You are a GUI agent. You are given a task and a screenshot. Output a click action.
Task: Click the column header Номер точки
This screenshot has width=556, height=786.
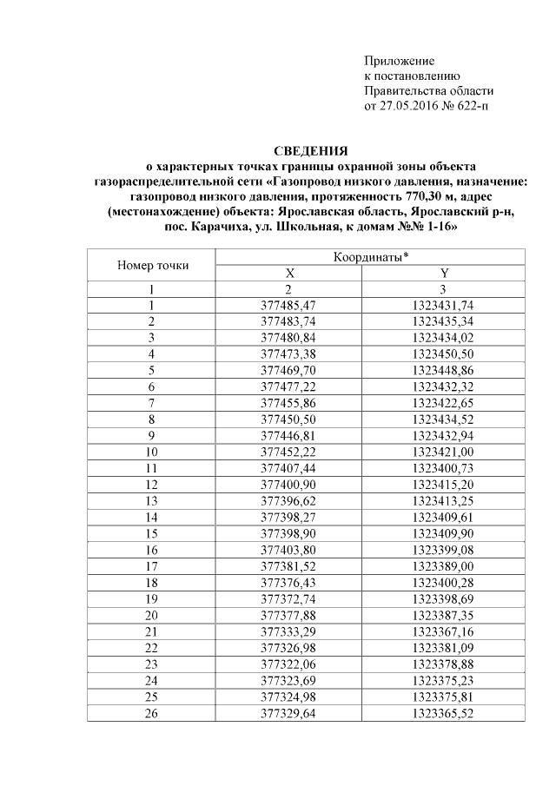[152, 265]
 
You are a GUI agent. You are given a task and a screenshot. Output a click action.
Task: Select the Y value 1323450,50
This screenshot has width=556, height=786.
[445, 353]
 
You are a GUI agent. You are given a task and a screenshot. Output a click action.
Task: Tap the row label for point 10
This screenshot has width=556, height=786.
[152, 452]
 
